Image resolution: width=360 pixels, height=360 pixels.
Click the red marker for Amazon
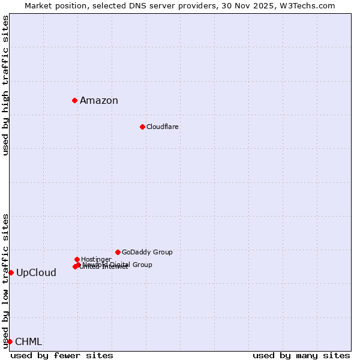click(x=74, y=100)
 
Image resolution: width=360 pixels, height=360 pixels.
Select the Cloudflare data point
click(x=142, y=127)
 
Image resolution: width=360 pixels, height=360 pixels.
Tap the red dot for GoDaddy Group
click(x=118, y=252)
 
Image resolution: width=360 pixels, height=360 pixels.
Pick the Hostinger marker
click(x=77, y=259)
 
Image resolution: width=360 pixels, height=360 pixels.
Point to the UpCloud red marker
click(x=11, y=272)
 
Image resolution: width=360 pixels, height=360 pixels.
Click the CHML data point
click(x=10, y=341)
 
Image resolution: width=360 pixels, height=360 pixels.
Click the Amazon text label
click(x=99, y=101)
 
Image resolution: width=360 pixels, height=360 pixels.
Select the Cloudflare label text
click(x=163, y=127)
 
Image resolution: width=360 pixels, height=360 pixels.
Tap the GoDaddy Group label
click(x=147, y=253)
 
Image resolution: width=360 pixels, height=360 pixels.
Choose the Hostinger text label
click(x=96, y=260)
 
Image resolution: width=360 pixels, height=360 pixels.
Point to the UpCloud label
click(x=36, y=273)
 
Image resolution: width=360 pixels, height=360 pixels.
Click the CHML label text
click(x=28, y=342)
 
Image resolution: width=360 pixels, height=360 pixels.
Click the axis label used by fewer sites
click(x=62, y=355)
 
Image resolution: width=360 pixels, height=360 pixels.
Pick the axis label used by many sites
click(x=301, y=355)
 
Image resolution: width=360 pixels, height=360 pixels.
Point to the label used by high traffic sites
click(x=5, y=85)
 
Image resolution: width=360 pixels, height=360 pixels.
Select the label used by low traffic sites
click(x=5, y=281)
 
